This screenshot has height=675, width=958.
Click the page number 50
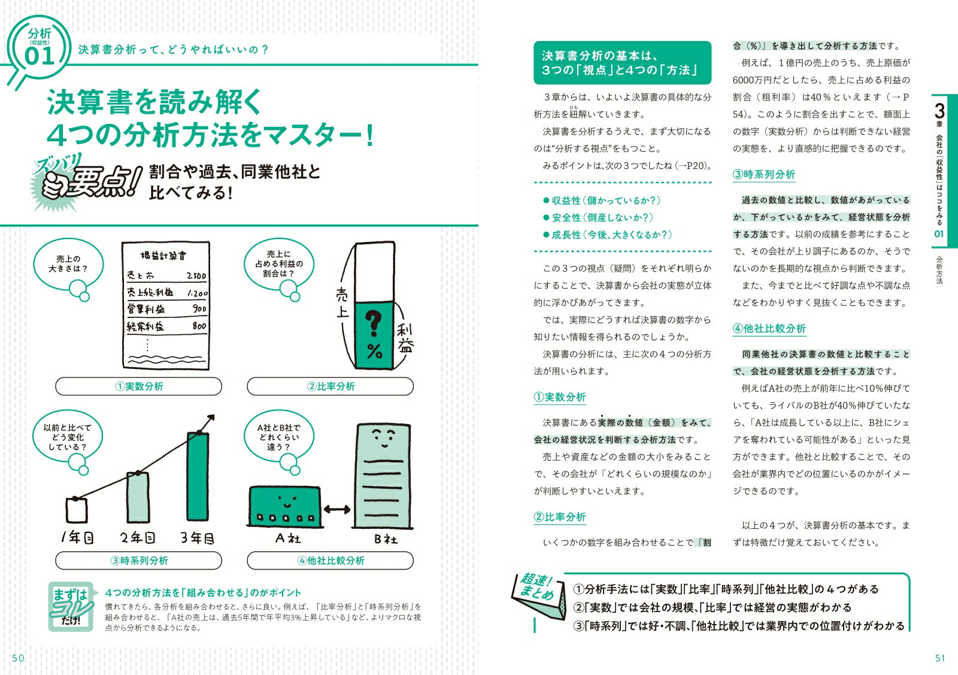pyautogui.click(x=18, y=658)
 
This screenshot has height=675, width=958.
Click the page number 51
pyautogui.click(x=939, y=658)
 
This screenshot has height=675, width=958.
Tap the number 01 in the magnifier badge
pyautogui.click(x=40, y=56)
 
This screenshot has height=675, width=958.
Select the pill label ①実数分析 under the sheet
pyautogui.click(x=138, y=386)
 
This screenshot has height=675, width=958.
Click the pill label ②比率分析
pyautogui.click(x=330, y=386)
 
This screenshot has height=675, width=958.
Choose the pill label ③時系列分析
pyautogui.click(x=138, y=561)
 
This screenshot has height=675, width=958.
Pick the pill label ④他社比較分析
pyautogui.click(x=330, y=561)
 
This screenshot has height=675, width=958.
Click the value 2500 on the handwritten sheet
pyautogui.click(x=196, y=276)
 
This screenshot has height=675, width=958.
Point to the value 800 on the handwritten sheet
pyautogui.click(x=199, y=326)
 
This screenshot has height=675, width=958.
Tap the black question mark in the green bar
pyautogui.click(x=374, y=324)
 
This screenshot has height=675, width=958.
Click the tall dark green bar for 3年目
pyautogui.click(x=198, y=476)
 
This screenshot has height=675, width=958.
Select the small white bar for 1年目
pyautogui.click(x=76, y=510)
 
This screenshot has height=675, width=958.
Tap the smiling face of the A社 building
pyautogui.click(x=286, y=498)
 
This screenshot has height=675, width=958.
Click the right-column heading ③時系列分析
pyautogui.click(x=765, y=175)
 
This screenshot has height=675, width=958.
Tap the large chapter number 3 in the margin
pyautogui.click(x=939, y=111)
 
